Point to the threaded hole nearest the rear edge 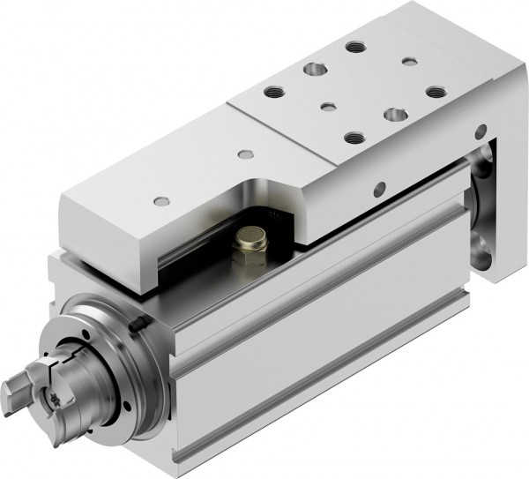coord(356,47)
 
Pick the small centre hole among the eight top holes coord(329,108)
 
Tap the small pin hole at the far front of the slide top coord(160,201)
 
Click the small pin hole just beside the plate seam coord(246,154)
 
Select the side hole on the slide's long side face coord(381,187)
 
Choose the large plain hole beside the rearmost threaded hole coord(313,67)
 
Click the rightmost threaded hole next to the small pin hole coord(435,90)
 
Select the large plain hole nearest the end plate coord(394,114)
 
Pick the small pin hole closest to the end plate coord(409,61)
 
